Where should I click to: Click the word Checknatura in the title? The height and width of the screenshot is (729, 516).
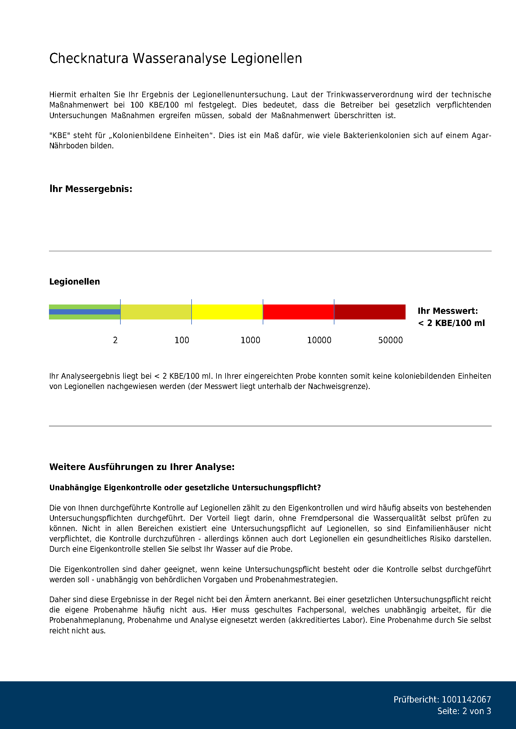(89, 58)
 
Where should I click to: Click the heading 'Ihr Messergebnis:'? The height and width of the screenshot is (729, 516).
(90, 189)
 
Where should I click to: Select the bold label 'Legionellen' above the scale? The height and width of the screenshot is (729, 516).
(74, 282)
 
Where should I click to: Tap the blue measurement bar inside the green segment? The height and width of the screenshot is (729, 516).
(85, 312)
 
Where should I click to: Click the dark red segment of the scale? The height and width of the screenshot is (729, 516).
(369, 312)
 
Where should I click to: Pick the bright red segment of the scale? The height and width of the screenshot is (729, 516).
(298, 312)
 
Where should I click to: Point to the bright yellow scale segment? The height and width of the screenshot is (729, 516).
(227, 312)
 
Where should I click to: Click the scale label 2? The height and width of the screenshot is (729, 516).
(115, 340)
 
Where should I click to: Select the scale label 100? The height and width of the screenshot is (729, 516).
(182, 340)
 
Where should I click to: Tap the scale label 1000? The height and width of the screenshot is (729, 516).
(251, 340)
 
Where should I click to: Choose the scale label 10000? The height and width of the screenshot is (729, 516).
(319, 340)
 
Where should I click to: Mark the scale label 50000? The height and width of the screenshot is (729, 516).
(390, 340)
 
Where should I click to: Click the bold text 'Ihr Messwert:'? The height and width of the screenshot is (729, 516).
(447, 311)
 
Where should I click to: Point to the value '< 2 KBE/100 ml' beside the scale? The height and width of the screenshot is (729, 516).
(451, 323)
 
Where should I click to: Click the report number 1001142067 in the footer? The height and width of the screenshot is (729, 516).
(466, 699)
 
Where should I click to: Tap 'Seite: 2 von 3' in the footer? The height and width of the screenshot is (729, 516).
(464, 711)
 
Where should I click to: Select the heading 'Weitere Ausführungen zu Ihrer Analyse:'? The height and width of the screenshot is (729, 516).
(142, 467)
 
